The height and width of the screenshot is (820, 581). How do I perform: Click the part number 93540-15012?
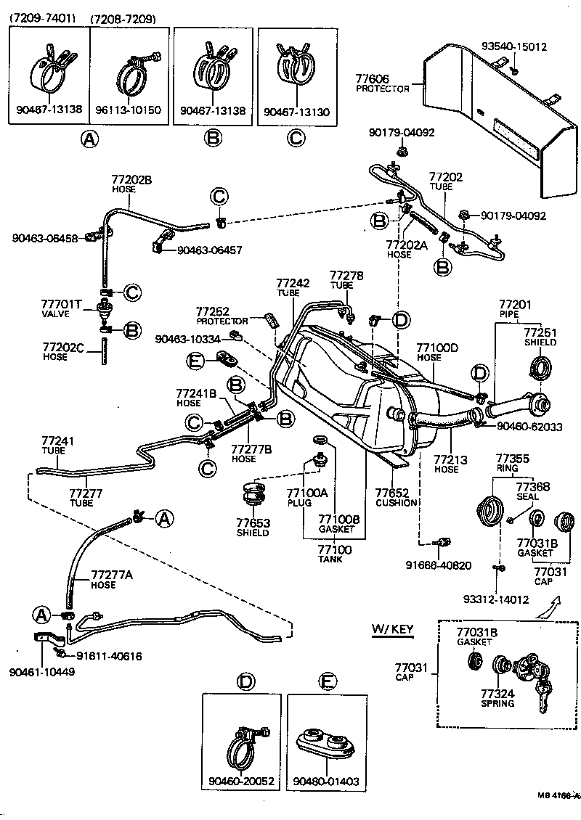(x=514, y=47)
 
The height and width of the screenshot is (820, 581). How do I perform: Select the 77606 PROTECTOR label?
(x=382, y=83)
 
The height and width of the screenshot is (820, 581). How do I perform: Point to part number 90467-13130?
(x=295, y=110)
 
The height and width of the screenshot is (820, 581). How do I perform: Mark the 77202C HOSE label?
(x=64, y=352)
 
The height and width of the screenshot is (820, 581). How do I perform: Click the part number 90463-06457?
(x=209, y=250)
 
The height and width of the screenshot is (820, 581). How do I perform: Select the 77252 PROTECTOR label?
(x=222, y=316)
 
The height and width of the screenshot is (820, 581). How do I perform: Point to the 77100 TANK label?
(x=334, y=554)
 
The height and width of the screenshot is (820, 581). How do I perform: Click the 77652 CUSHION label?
(x=396, y=497)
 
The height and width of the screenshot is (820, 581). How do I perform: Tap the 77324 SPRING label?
(x=497, y=698)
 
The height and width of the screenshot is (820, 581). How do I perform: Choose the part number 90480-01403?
(x=326, y=781)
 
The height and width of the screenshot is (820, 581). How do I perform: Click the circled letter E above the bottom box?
(x=328, y=681)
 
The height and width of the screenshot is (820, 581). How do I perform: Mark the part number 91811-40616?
(x=109, y=657)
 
